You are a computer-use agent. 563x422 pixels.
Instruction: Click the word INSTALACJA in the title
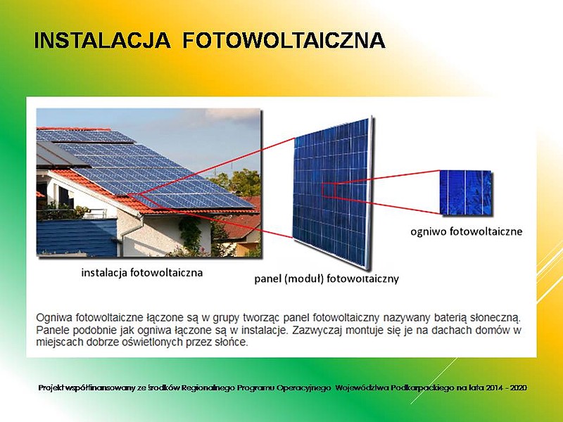point(102,40)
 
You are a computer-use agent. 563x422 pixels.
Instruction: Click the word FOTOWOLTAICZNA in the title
point(284,40)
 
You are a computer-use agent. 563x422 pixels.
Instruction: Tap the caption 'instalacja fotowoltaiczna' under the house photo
point(142,273)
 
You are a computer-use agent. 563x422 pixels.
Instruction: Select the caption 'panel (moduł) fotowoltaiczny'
point(327,279)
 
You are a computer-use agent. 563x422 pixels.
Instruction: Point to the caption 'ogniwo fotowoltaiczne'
point(466,231)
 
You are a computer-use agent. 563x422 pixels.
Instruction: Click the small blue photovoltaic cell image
point(466,193)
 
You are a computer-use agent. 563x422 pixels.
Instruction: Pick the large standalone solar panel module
point(332,192)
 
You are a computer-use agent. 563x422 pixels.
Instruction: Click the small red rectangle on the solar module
point(329,190)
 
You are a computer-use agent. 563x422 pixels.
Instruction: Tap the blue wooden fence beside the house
point(77,237)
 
